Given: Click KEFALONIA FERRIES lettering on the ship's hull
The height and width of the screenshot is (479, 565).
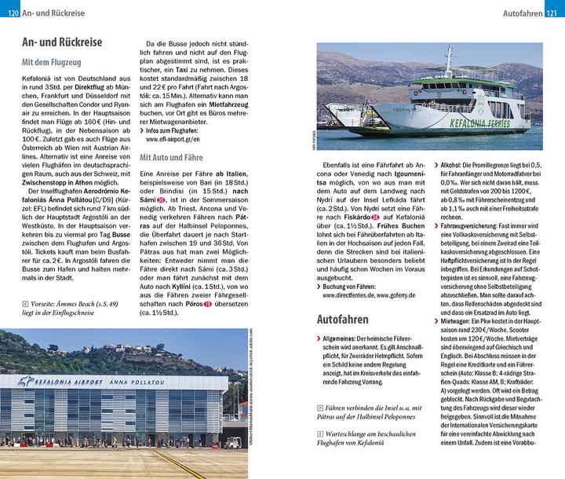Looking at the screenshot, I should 486,122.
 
